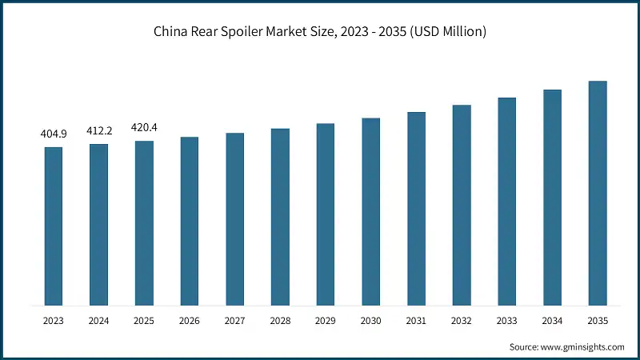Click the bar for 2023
54,226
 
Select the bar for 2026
190,222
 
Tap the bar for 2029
326,214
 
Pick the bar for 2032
462,206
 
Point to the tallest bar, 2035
598,194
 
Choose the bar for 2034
552,198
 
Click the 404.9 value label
54,134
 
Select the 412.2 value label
99,130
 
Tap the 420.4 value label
145,126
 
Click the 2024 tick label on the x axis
99,321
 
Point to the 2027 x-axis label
235,321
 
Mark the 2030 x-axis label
371,321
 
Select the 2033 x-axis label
507,321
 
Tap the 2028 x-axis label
280,321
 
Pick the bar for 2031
416,209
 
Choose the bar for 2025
145,223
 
